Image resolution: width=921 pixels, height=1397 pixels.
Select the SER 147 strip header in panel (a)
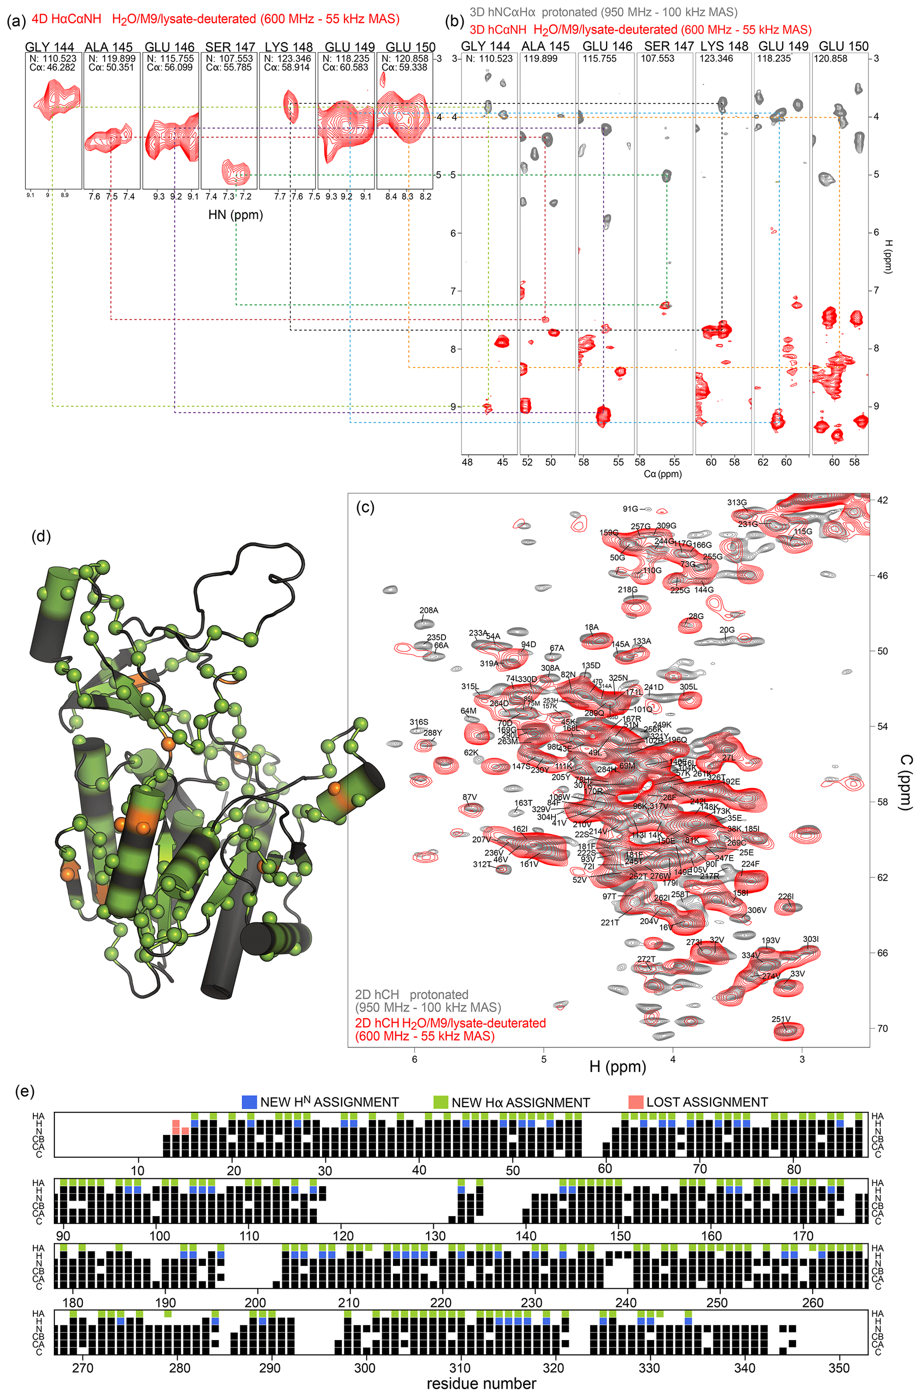(229, 47)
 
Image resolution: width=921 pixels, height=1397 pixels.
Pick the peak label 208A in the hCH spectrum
(428, 610)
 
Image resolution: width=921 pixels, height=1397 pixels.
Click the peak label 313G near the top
(737, 502)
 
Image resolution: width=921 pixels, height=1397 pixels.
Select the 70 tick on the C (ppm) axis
(882, 1028)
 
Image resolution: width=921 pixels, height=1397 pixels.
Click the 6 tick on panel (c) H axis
(415, 1059)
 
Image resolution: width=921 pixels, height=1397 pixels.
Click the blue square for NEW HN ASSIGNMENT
(250, 1102)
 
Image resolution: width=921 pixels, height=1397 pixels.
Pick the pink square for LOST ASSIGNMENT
(635, 1102)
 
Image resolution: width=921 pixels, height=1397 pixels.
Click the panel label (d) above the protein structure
(41, 536)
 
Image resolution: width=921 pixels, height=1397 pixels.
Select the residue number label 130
(435, 1235)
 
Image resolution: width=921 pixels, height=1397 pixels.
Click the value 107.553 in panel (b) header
(657, 59)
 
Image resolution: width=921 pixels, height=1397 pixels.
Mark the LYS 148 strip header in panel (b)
(724, 46)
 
